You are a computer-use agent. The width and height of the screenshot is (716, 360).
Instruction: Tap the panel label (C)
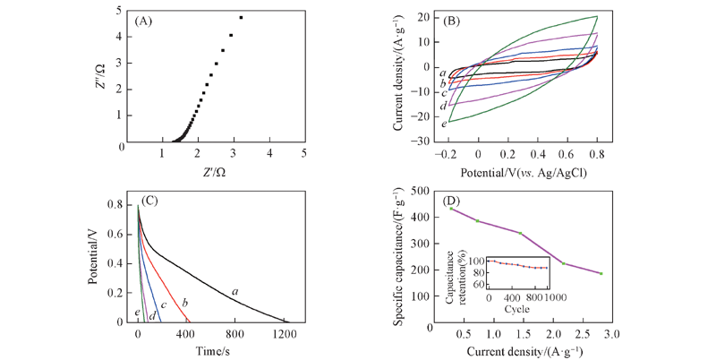[150, 199]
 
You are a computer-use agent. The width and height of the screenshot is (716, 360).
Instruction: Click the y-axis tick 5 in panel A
[119, 11]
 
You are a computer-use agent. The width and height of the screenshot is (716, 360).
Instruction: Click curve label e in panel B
[443, 124]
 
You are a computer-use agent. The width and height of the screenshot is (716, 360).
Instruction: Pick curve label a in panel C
[234, 290]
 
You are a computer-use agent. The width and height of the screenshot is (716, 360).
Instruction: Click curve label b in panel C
[184, 301]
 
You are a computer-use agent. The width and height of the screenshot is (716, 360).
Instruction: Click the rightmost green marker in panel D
[601, 273]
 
